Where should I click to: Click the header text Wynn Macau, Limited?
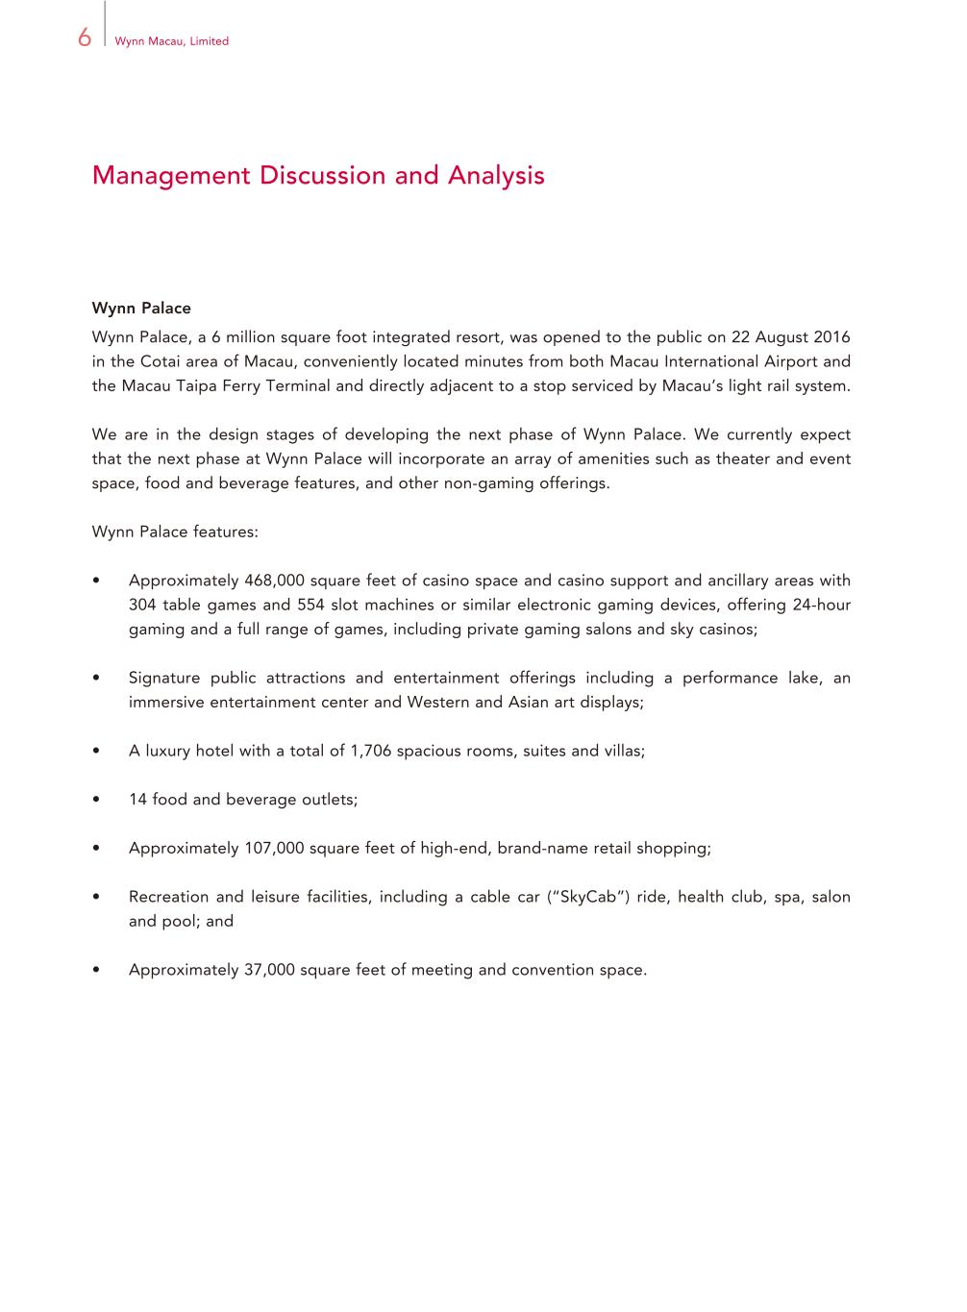click(x=171, y=41)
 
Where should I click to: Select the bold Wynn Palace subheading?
click(x=141, y=309)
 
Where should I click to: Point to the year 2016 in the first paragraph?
click(x=831, y=337)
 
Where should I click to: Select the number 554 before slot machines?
click(x=310, y=605)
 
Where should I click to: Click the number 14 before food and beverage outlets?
click(x=137, y=800)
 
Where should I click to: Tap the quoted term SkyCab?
click(x=588, y=897)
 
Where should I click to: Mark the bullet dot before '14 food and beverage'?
click(x=97, y=800)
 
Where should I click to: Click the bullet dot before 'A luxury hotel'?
click(x=97, y=751)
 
